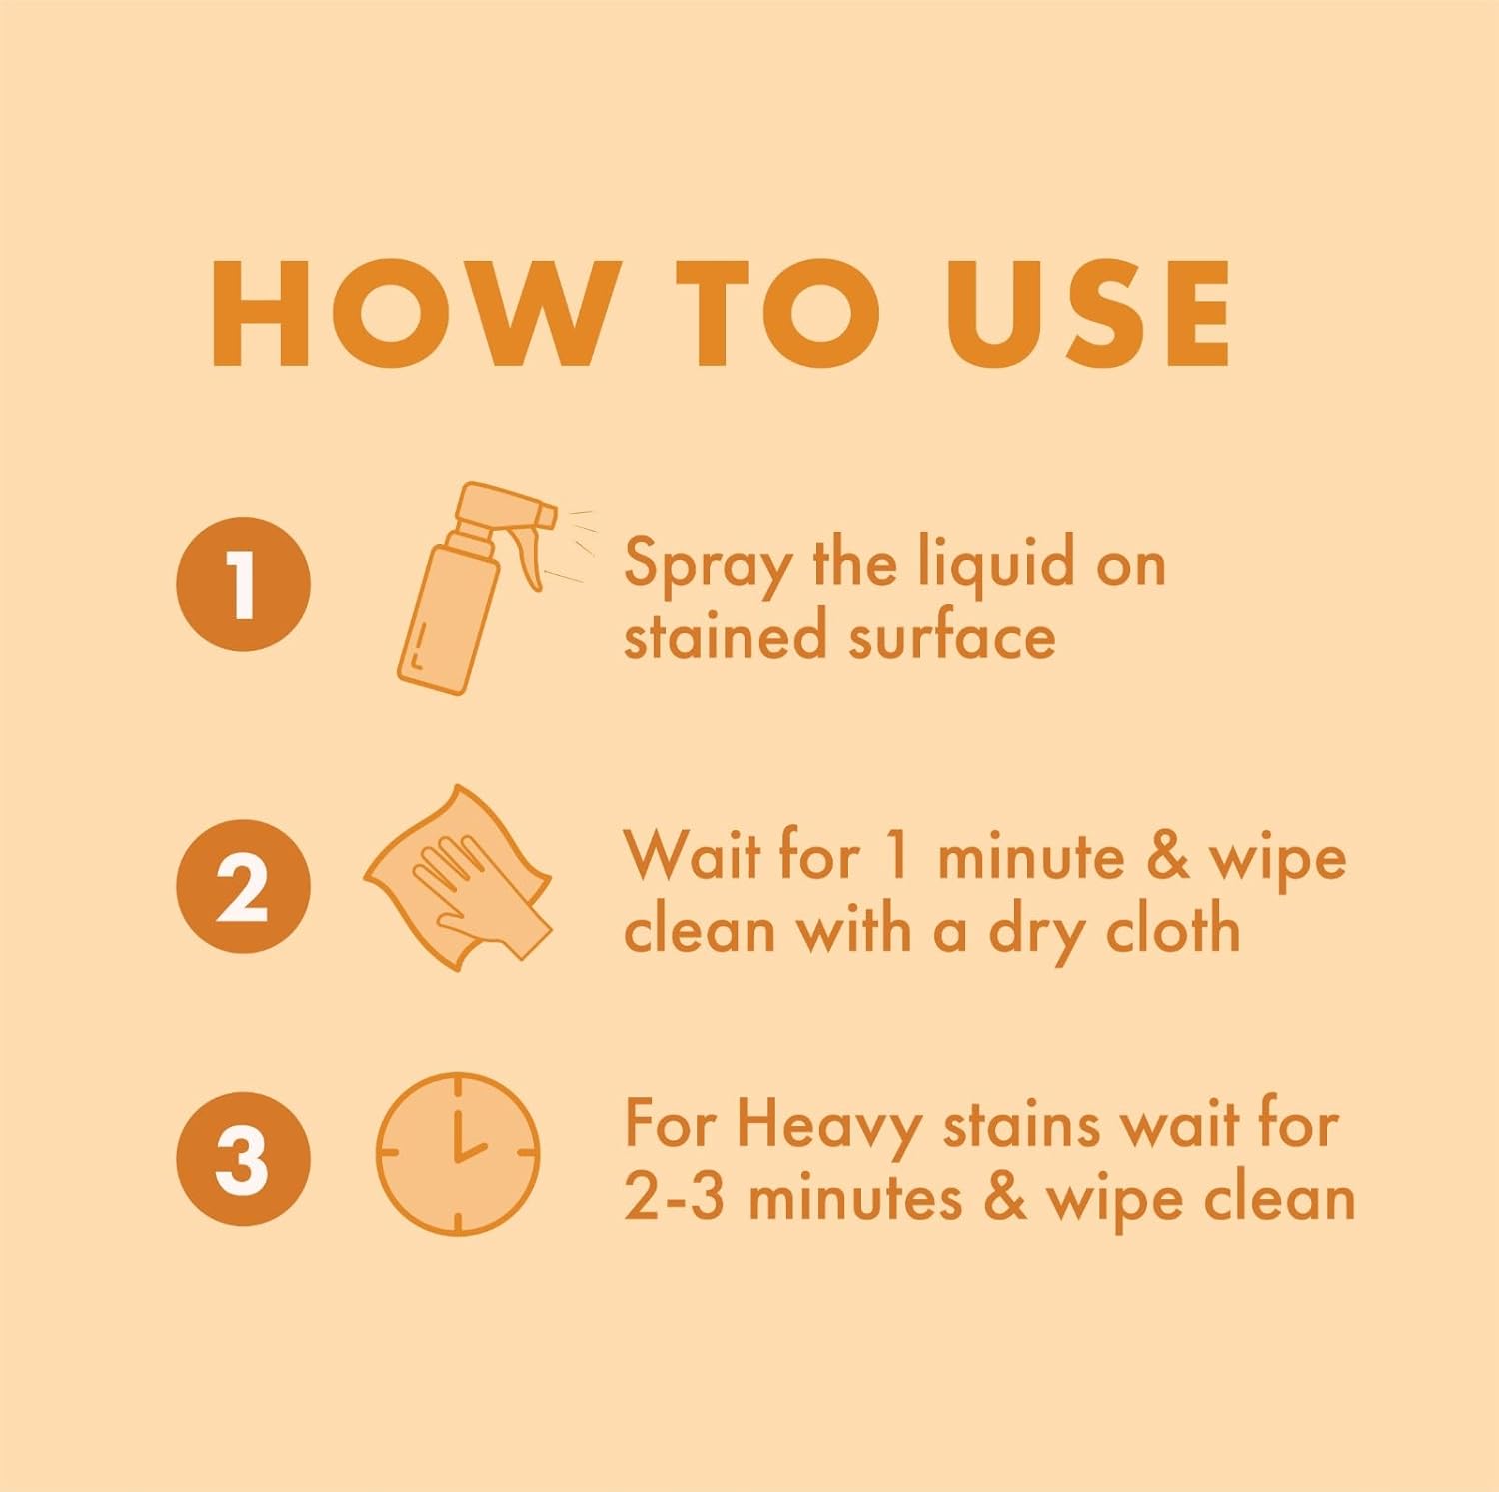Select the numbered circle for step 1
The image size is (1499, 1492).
coord(243,584)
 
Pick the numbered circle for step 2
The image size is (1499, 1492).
coord(243,886)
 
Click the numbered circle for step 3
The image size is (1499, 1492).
coord(243,1159)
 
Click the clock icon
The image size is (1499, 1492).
coord(458,1154)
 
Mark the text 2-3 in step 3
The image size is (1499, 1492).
coord(674,1197)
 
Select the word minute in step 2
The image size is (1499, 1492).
coord(1030,858)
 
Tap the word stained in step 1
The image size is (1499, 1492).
coord(726,636)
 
